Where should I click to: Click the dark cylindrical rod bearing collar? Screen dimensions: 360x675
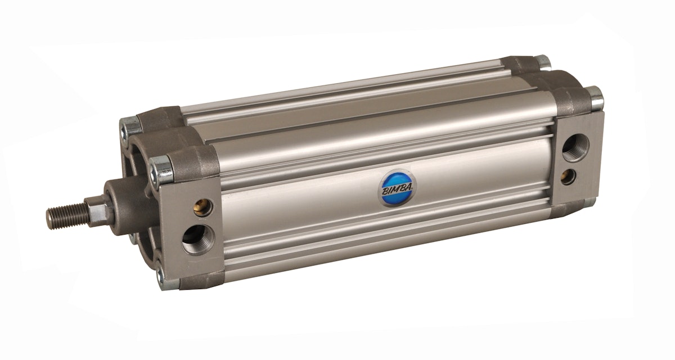[127, 200]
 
